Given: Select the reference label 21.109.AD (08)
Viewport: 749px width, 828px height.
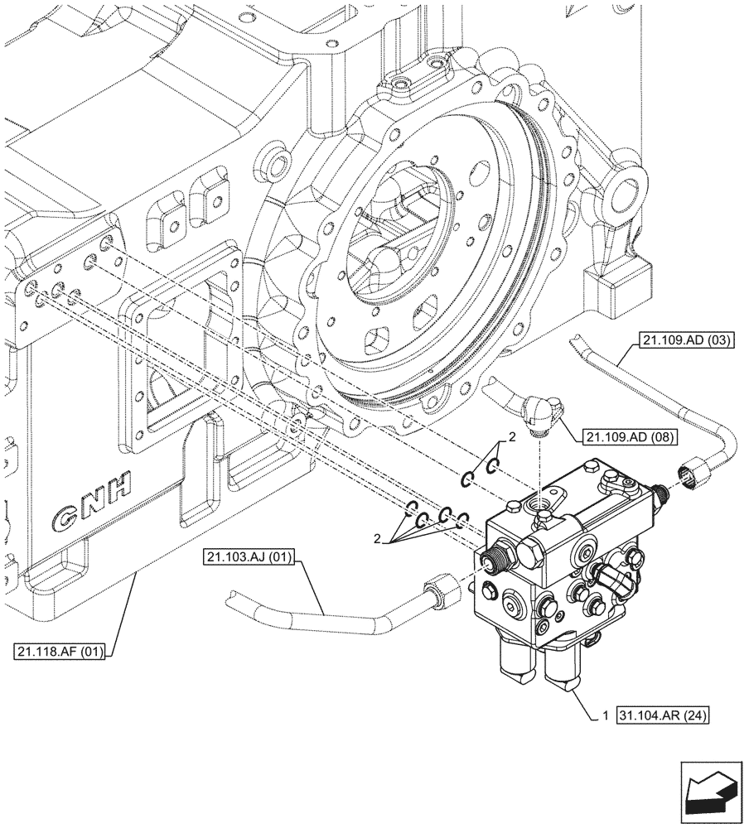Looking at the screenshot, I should tap(629, 436).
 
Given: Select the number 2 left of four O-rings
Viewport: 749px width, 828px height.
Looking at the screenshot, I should tap(379, 539).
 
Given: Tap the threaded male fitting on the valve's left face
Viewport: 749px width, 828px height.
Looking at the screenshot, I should tap(499, 560).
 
